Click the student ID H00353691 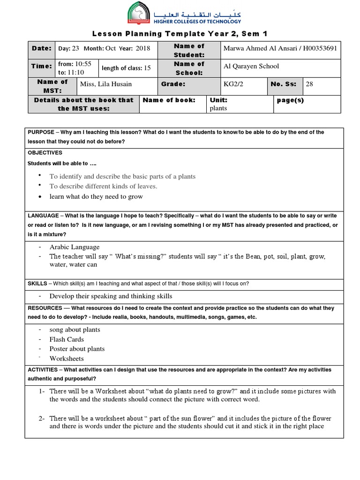tap(317, 49)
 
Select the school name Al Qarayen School tap(251, 66)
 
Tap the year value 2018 tap(142, 48)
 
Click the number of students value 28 tap(309, 84)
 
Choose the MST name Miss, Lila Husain tap(106, 84)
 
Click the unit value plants tap(218, 108)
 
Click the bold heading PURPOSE tap(42, 132)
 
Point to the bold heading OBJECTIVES tap(45, 153)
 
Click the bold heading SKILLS tap(37, 284)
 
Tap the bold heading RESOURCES tap(45, 308)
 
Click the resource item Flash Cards tap(67, 339)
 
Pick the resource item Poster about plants tap(77, 349)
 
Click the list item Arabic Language tap(75, 247)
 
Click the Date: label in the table tap(41, 48)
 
